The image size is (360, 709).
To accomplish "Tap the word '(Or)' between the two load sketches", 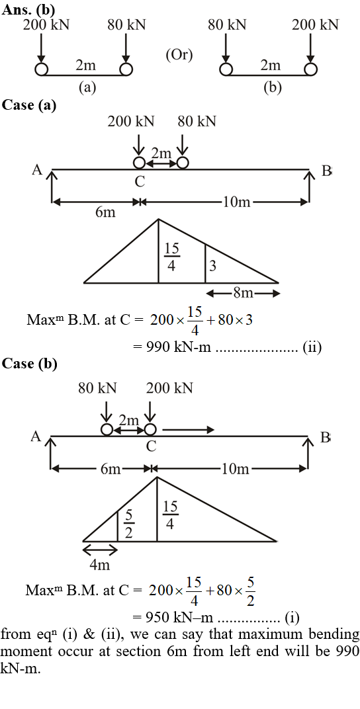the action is pos(179,55).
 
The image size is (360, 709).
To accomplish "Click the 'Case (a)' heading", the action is pos(29,105).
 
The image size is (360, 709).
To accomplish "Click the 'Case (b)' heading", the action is pos(30,364).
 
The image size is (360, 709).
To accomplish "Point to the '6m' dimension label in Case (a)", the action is pos(105,212).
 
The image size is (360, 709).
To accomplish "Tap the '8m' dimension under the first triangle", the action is pos(243,294).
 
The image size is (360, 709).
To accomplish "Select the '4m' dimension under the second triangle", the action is pos(100,565).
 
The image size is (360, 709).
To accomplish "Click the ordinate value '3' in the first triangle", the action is pos(212,267).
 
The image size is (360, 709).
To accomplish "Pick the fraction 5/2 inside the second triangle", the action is pos(128,524).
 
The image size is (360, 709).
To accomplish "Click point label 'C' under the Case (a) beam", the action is pos(140,182).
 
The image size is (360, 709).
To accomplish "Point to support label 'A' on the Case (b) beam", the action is pos(36,437).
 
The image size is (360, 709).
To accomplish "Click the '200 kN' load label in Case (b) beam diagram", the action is pos(169,388).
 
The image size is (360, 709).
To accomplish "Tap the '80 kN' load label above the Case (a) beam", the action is pos(197,121).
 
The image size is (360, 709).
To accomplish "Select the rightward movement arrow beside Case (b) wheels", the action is pos(188,429).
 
